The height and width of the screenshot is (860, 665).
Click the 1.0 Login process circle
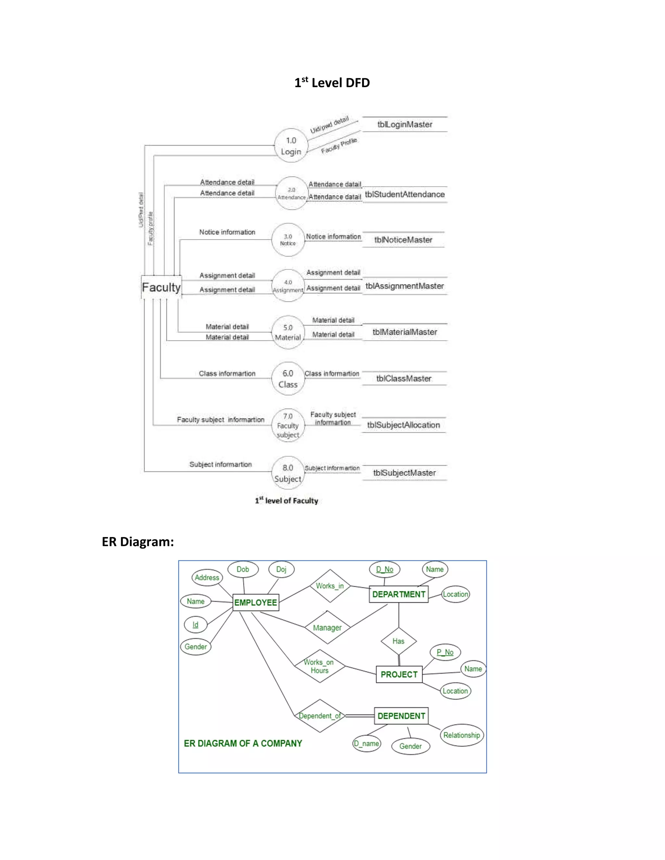coord(291,146)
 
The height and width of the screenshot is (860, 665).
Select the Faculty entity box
coord(161,288)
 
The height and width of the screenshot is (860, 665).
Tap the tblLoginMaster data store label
coord(405,124)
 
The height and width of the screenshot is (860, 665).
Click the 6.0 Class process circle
coord(288,378)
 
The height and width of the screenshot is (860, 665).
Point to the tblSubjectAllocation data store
coord(403,425)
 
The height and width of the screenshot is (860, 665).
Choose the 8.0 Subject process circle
coord(288,473)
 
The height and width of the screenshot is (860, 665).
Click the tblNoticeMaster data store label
coord(403,240)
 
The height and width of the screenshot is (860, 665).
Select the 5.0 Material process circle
coord(288,332)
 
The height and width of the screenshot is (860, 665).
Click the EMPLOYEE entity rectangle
coord(256,602)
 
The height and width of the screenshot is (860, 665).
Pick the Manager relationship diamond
coord(327,628)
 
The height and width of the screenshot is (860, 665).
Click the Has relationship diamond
coord(398,641)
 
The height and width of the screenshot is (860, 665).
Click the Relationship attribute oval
coord(461,735)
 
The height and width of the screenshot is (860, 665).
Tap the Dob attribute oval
coord(243,570)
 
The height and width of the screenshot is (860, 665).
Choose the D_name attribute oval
coord(366,743)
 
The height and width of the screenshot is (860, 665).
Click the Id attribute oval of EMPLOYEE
coord(195,625)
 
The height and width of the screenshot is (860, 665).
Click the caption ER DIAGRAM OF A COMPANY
coord(243,743)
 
